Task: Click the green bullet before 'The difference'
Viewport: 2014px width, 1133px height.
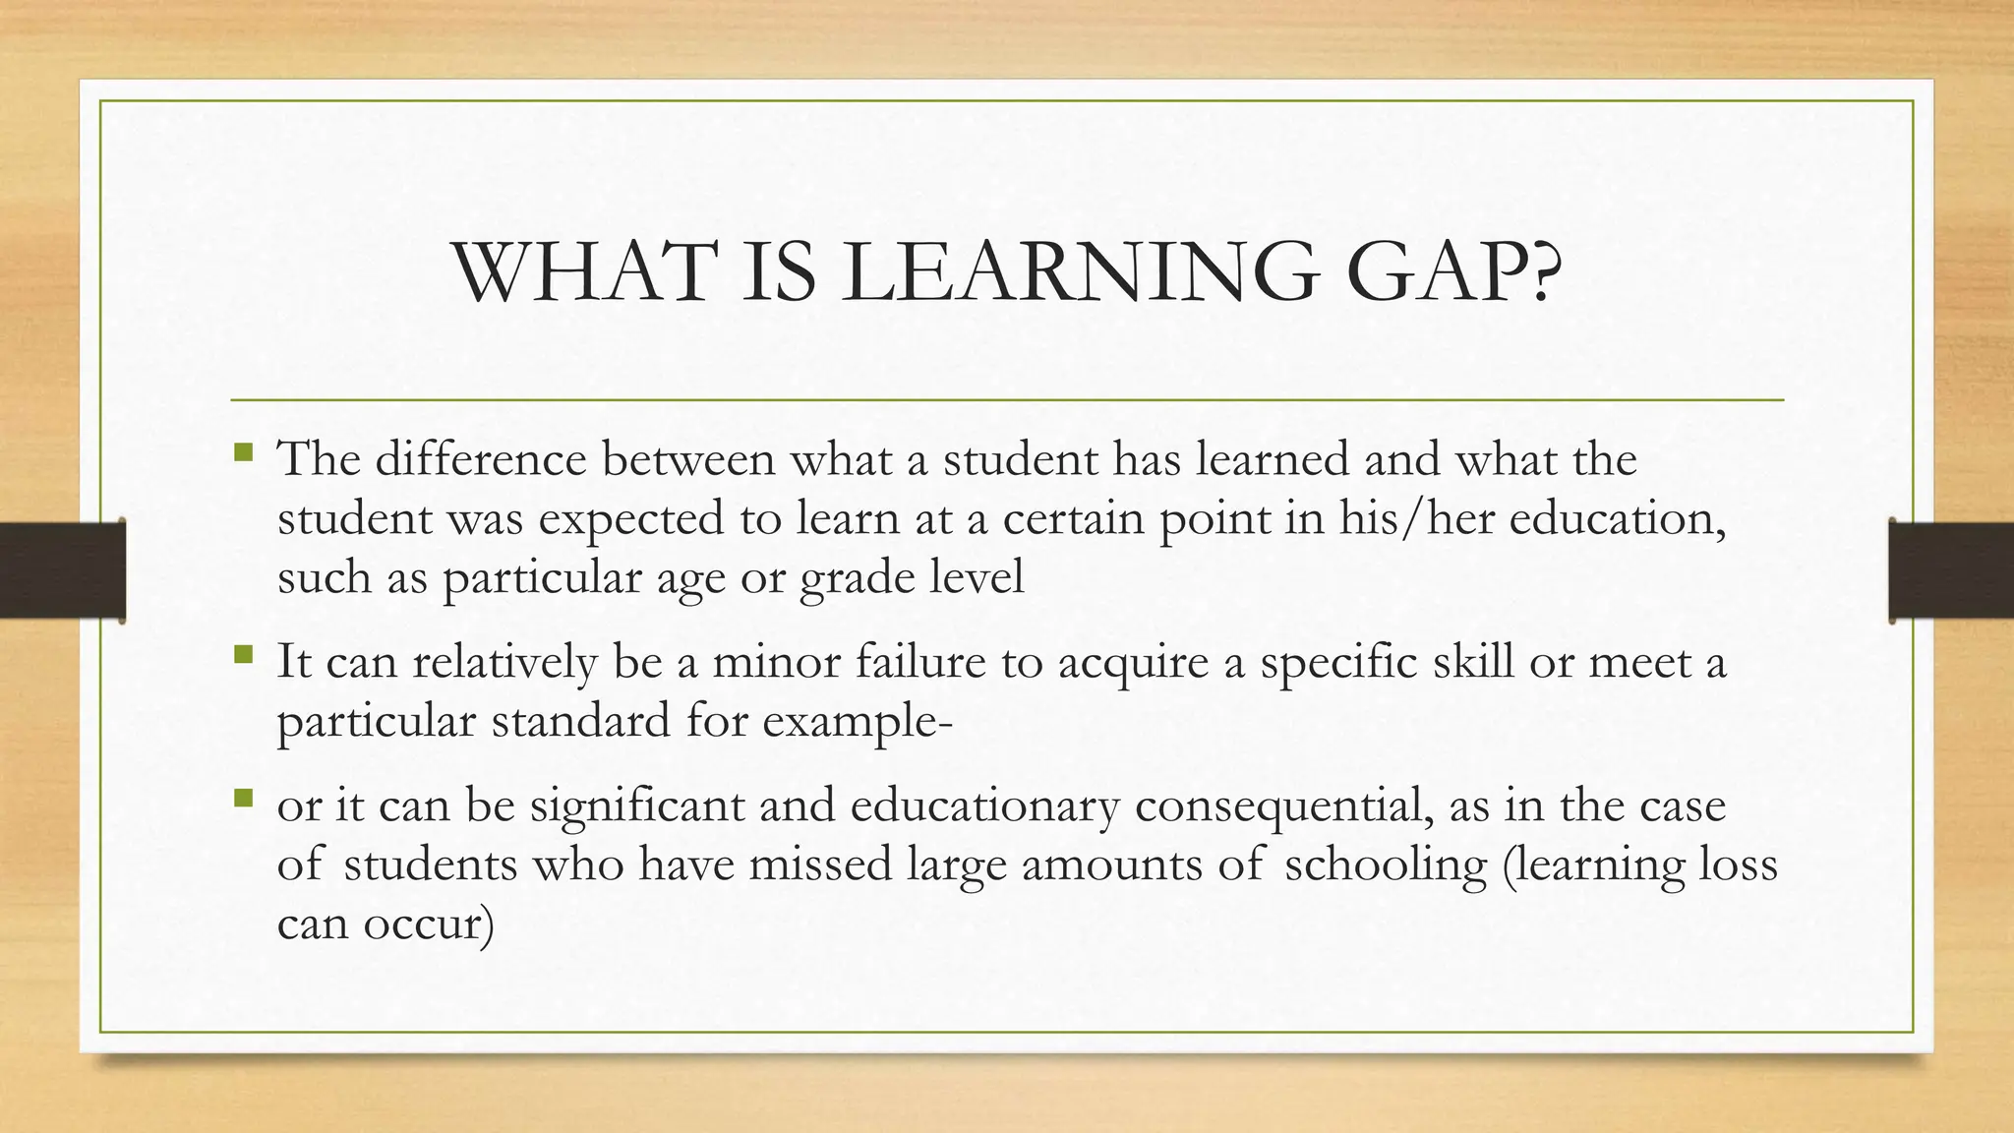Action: (x=244, y=453)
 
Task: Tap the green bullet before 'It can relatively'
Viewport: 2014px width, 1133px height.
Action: (x=244, y=654)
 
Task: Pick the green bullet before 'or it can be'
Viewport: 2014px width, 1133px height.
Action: (x=244, y=798)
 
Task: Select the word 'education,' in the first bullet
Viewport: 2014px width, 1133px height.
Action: (x=1618, y=519)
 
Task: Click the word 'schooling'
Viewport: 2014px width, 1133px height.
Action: (x=1386, y=866)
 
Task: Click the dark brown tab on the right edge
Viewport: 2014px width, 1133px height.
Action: (x=1951, y=570)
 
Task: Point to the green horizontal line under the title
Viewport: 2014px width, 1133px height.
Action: (x=1007, y=400)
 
